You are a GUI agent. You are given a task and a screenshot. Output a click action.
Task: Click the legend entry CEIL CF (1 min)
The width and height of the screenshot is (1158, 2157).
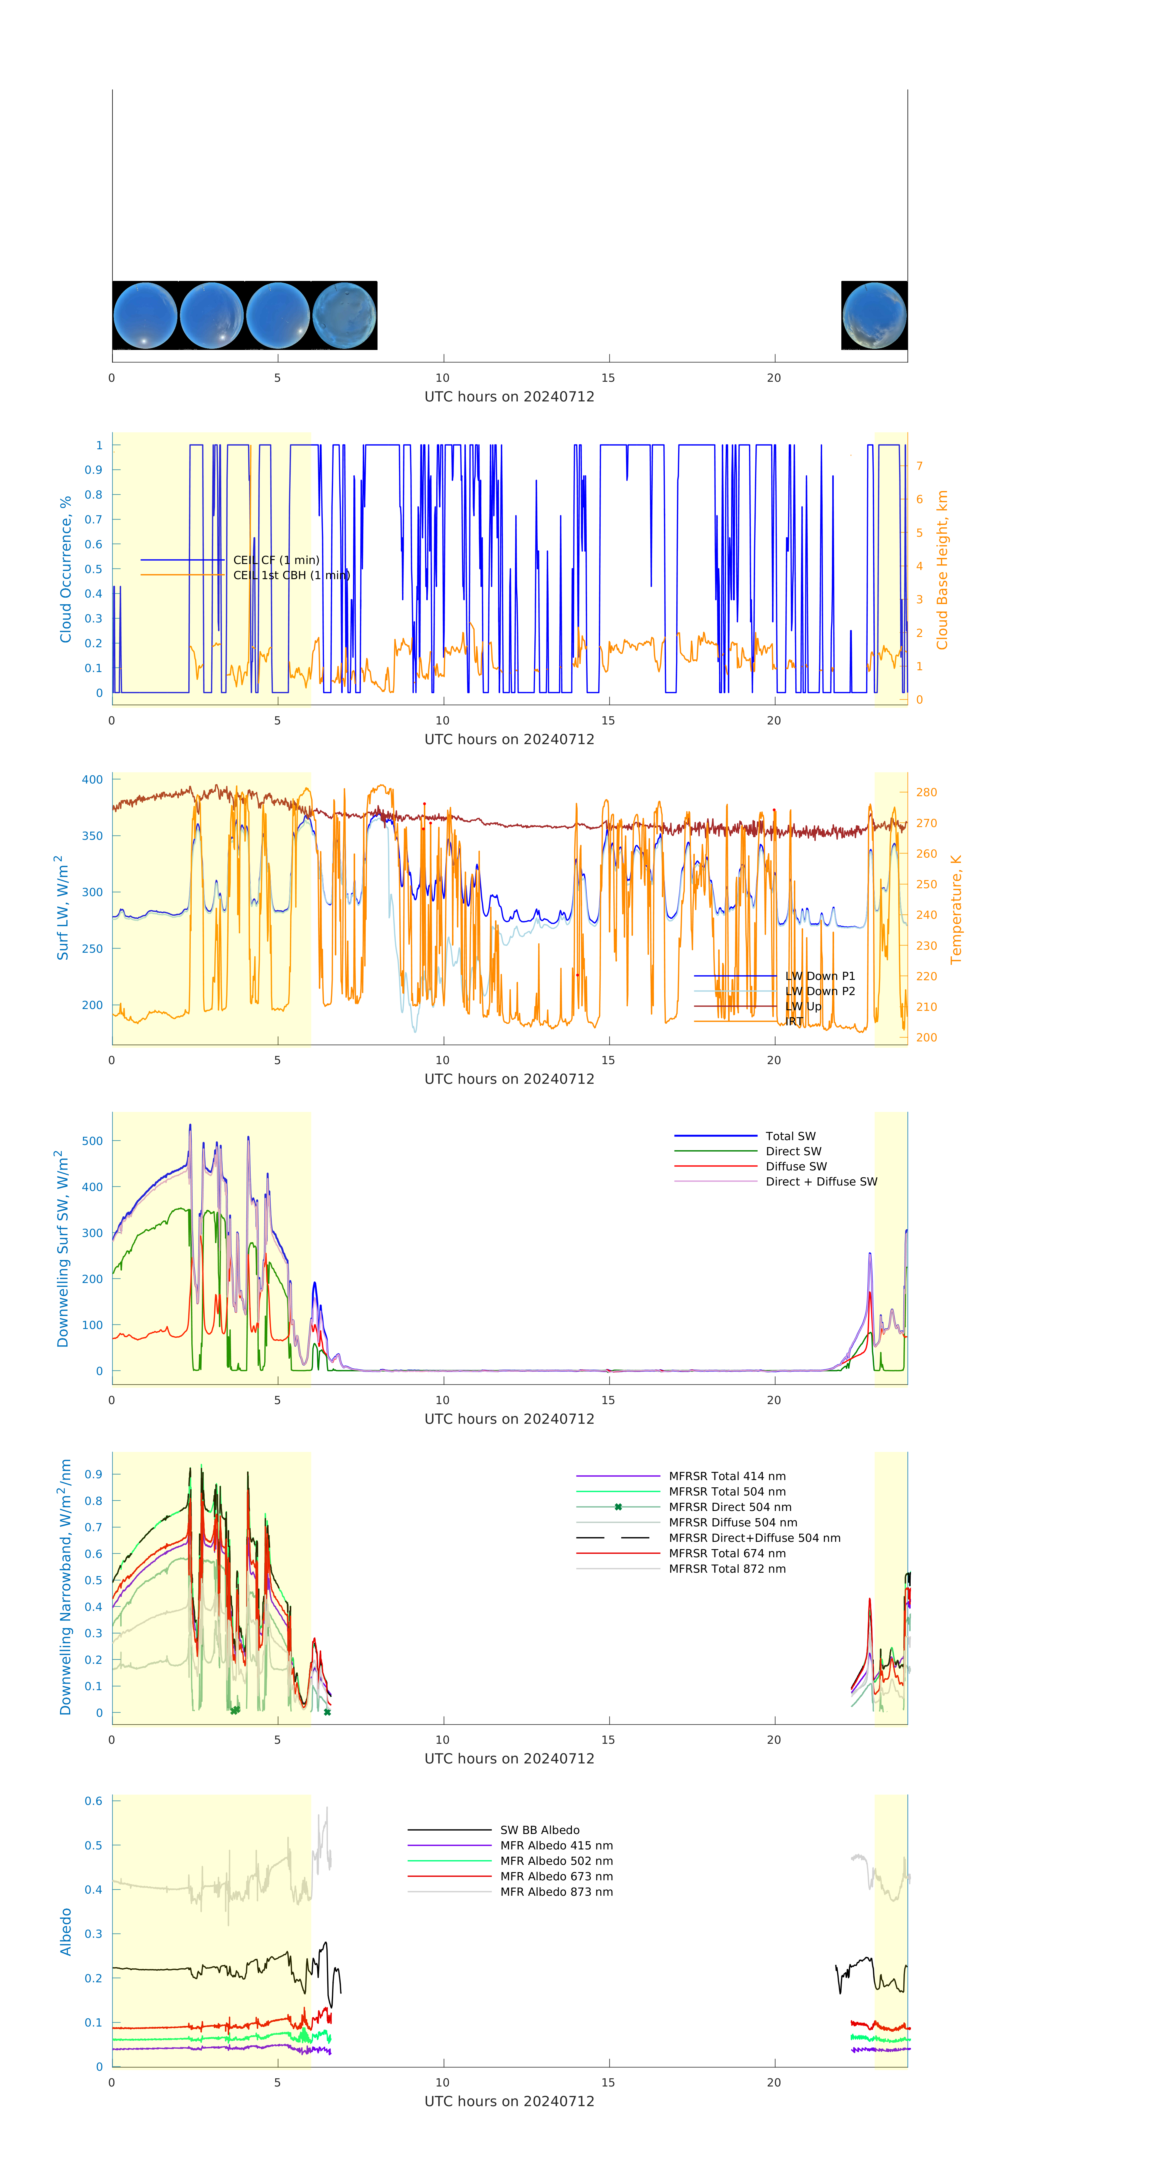[275, 559]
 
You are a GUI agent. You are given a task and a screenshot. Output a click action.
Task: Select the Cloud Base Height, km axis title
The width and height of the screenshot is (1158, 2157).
[942, 569]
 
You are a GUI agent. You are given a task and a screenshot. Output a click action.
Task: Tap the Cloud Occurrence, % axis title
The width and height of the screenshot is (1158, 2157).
[65, 569]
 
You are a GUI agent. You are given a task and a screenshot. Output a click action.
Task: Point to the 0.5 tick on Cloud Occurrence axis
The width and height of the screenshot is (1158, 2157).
[94, 569]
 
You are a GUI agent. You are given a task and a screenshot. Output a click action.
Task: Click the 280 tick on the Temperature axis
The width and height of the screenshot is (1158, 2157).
[926, 792]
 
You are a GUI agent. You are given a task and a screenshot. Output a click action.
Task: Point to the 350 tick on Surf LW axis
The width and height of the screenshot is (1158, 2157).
[92, 836]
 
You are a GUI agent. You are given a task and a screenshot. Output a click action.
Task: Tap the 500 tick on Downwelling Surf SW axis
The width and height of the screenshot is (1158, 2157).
[92, 1140]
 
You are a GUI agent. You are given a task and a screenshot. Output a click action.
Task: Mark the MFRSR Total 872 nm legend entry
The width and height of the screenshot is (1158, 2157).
[727, 1568]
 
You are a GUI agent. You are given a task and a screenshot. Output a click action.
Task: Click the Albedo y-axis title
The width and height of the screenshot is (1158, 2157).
[65, 1932]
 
